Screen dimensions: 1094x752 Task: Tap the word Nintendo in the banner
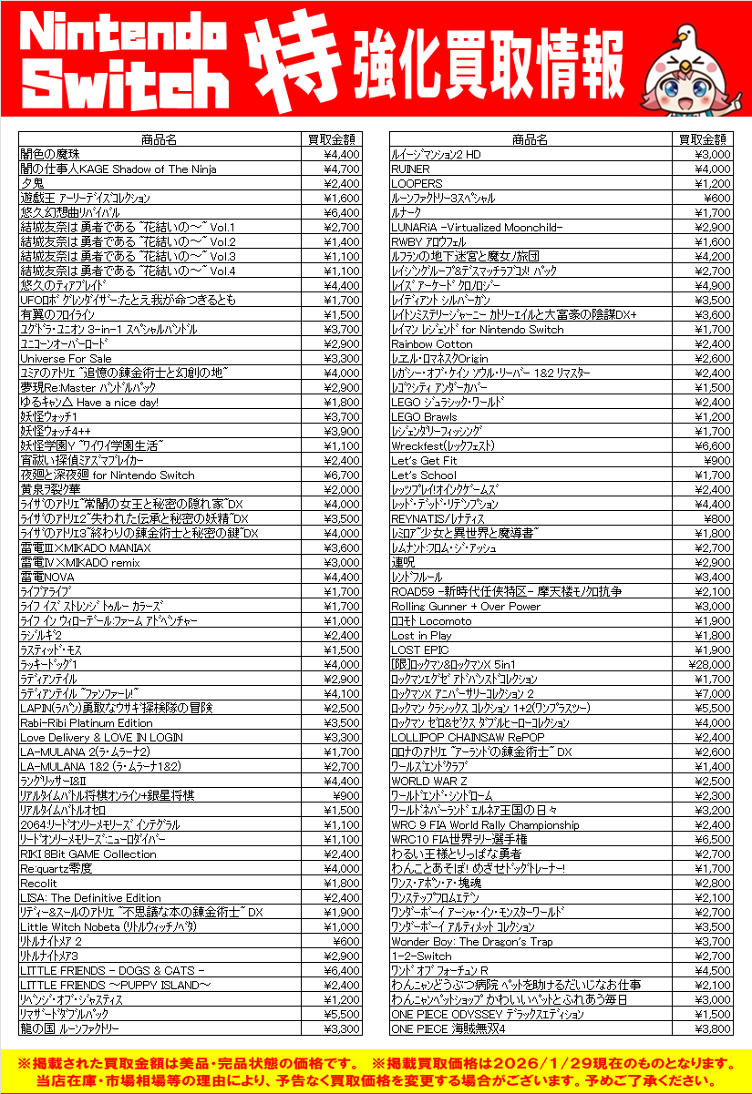coord(125,35)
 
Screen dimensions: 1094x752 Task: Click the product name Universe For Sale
coord(66,359)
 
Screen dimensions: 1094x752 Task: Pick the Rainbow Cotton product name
coord(432,344)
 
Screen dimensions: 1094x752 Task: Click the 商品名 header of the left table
coord(159,140)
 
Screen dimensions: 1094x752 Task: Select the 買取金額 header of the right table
coord(703,140)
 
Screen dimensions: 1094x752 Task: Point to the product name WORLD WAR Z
coord(428,782)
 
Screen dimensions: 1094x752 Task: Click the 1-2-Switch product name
coord(421,956)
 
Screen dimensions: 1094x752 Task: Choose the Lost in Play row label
coord(421,636)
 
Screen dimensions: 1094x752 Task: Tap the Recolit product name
coord(39,884)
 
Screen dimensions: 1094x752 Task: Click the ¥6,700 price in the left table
coord(343,475)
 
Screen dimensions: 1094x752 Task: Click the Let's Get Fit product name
coord(424,461)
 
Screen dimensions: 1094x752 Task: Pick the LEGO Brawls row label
coord(424,417)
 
